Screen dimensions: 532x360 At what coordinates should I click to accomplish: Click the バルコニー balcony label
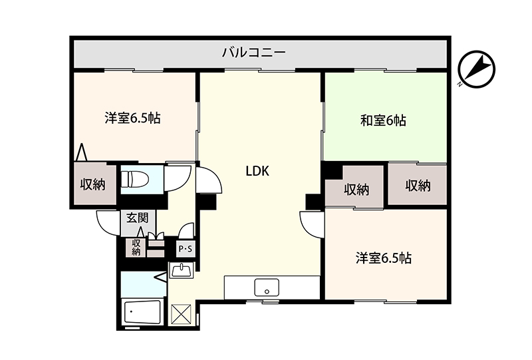[x=253, y=53]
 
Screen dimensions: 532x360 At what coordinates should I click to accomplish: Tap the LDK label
[x=257, y=171]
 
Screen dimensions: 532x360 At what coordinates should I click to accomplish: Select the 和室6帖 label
[x=383, y=120]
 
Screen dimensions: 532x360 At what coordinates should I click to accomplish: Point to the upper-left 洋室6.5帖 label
[x=132, y=118]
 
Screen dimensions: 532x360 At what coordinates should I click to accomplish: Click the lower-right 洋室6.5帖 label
[x=384, y=258]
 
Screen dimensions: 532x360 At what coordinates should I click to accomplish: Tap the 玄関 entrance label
[x=138, y=218]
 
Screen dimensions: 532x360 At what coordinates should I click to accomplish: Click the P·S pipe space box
[x=186, y=250]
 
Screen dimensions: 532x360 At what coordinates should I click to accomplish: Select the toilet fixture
[x=135, y=178]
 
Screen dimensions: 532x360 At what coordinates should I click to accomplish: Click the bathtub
[x=142, y=313]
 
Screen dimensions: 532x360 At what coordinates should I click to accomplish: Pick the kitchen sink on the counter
[x=267, y=287]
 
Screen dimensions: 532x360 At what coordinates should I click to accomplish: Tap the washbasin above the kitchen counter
[x=182, y=270]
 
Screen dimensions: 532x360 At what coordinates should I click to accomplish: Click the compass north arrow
[x=476, y=69]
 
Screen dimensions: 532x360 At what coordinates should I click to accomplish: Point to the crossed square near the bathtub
[x=181, y=314]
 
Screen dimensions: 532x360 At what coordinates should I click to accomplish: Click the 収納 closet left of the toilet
[x=93, y=184]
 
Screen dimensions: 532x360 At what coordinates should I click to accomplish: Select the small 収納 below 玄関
[x=136, y=247]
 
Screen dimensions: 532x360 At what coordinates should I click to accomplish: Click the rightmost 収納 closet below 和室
[x=418, y=185]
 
